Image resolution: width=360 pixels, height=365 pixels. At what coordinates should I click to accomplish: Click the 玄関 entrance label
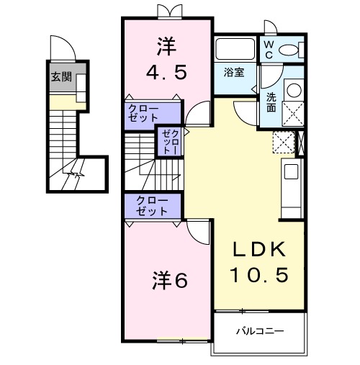point(61,77)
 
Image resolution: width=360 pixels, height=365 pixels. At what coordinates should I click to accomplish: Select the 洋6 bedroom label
point(169,279)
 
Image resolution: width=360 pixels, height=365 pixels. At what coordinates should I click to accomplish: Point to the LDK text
point(258,251)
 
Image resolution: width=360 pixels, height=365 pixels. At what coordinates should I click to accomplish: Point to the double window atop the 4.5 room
point(166,11)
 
